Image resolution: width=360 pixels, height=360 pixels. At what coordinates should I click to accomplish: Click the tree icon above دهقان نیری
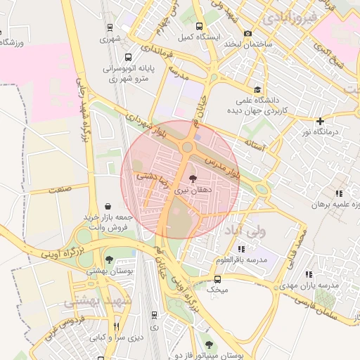coord(194,179)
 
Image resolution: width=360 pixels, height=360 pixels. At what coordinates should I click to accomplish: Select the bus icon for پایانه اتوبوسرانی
coord(127,57)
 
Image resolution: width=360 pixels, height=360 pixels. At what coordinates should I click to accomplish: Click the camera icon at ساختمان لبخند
coord(247,33)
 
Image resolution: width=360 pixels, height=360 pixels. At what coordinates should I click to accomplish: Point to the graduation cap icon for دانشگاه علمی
coord(257,89)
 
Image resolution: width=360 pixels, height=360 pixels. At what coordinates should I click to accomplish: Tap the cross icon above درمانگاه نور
coord(321,121)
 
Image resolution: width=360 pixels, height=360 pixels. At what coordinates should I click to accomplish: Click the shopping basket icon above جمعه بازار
coord(108,207)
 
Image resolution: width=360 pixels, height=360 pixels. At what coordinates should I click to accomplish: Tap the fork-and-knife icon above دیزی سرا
coord(117,326)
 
